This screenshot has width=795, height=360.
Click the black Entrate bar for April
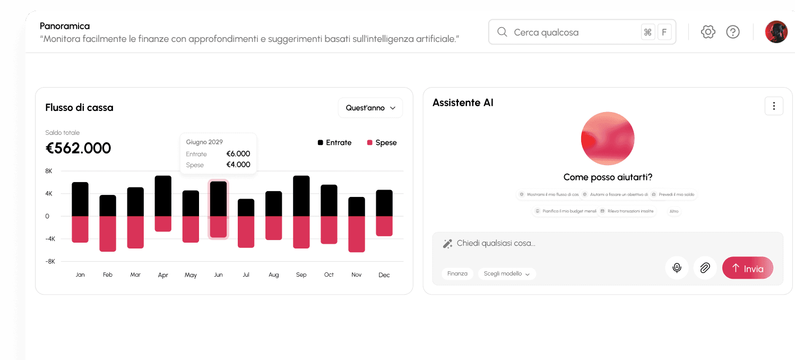pyautogui.click(x=163, y=196)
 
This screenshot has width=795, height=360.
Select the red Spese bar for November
pyautogui.click(x=357, y=234)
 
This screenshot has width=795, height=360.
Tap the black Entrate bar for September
pyautogui.click(x=301, y=196)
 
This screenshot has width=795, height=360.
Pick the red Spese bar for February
pyautogui.click(x=108, y=234)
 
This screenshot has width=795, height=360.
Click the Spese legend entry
pyautogui.click(x=382, y=143)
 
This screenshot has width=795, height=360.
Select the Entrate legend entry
pyautogui.click(x=335, y=143)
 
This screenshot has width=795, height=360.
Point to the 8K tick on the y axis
pyautogui.click(x=49, y=171)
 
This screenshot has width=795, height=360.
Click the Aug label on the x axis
pyautogui.click(x=274, y=275)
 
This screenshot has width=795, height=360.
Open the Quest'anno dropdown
pyautogui.click(x=370, y=108)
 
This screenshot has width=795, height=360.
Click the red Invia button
pyautogui.click(x=747, y=268)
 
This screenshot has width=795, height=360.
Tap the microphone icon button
pyautogui.click(x=677, y=268)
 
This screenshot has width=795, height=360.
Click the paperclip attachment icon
pyautogui.click(x=705, y=268)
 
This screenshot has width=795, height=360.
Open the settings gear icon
pyautogui.click(x=708, y=32)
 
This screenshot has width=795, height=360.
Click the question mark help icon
pyautogui.click(x=733, y=32)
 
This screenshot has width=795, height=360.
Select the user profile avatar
pyautogui.click(x=776, y=32)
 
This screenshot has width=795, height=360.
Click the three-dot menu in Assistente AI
pyautogui.click(x=774, y=106)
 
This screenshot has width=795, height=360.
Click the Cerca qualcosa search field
pyautogui.click(x=573, y=32)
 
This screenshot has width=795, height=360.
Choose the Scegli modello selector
pyautogui.click(x=507, y=273)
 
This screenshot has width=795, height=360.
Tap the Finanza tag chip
pyautogui.click(x=457, y=273)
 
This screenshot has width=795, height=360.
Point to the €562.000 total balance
pyautogui.click(x=79, y=148)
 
